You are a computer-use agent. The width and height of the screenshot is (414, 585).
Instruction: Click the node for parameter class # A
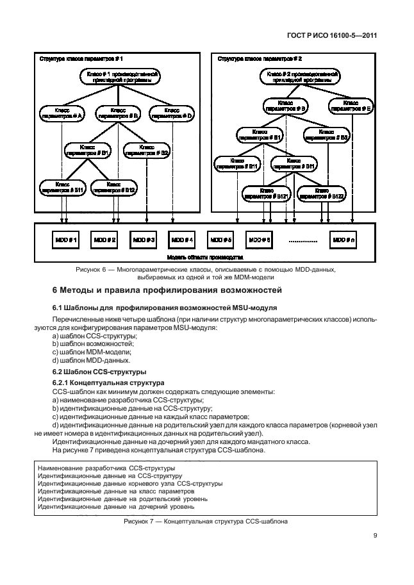point(62,113)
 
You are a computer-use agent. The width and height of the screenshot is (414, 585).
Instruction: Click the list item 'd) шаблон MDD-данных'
point(84,360)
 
